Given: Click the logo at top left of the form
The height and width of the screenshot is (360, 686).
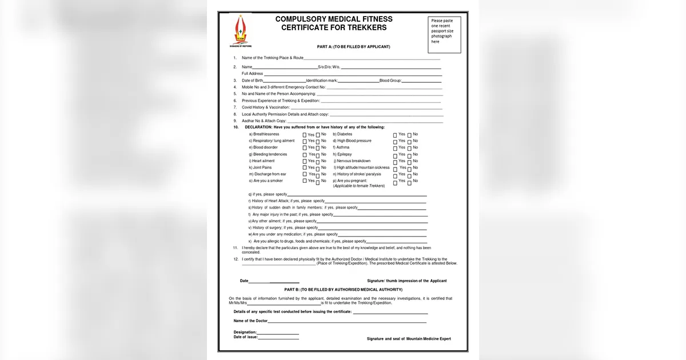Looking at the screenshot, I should click(x=240, y=31).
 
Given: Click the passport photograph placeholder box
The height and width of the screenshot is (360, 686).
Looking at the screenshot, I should click(x=444, y=34).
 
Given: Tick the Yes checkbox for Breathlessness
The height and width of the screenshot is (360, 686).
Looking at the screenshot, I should click(x=305, y=134).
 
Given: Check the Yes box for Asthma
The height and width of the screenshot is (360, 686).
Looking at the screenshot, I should click(x=395, y=148).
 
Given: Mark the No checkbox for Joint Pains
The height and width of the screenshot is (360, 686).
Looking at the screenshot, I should click(x=317, y=168).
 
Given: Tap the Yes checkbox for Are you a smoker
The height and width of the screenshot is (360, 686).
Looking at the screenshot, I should click(x=305, y=181).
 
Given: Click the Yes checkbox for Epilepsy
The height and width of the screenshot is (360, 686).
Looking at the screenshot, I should click(x=395, y=155).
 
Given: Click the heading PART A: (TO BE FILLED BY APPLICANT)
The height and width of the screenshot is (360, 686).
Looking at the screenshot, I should click(x=353, y=47).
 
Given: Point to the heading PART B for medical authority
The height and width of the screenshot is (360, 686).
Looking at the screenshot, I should click(x=347, y=290).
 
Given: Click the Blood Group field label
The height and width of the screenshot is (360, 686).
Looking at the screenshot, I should click(x=390, y=81).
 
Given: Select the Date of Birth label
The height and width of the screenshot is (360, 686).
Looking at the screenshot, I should click(x=252, y=81).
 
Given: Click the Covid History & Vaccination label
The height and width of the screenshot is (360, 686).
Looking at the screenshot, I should click(x=265, y=107).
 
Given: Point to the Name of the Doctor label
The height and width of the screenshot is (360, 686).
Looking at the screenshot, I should click(x=250, y=321).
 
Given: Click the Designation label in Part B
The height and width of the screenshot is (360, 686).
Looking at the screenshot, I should click(x=245, y=332).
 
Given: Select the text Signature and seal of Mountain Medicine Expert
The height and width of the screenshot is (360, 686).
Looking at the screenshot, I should click(x=409, y=339).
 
